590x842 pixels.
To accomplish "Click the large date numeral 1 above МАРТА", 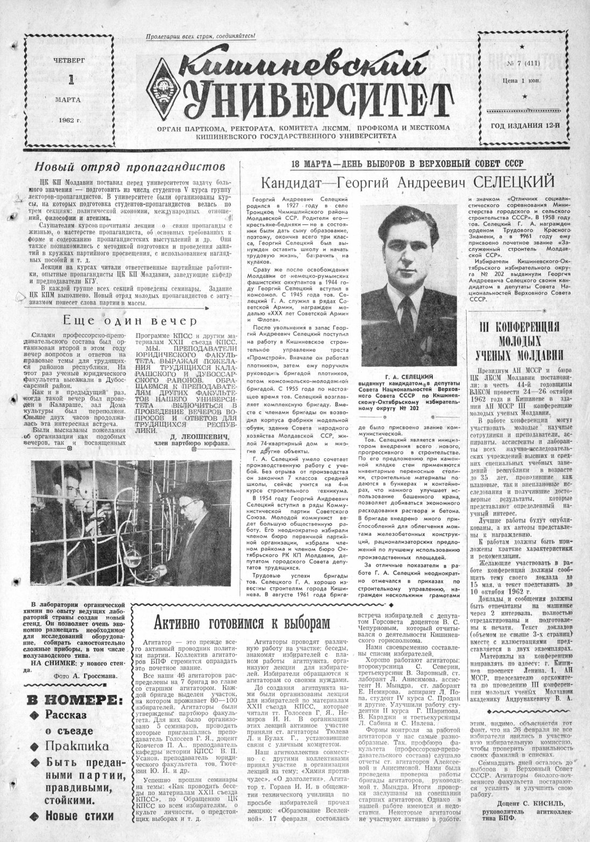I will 70,80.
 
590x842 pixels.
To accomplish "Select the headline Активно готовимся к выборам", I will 240,623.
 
